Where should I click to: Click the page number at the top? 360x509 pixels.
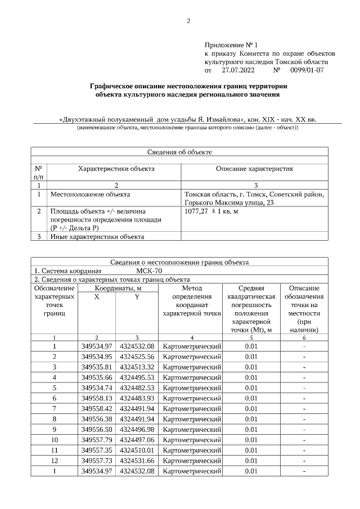tap(188, 21)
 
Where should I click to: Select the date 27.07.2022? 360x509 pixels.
tap(238, 71)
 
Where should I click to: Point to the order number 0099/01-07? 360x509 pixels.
tap(307, 71)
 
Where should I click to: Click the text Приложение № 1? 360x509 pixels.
tap(231, 44)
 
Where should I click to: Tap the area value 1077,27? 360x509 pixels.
tap(197, 211)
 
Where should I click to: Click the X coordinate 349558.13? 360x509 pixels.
tap(97, 398)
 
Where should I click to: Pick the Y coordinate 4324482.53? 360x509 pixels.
tap(136, 388)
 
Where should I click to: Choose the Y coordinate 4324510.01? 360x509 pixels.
tap(136, 450)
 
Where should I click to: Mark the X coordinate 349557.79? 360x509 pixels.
tap(97, 440)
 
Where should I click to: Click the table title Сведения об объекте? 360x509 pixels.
tap(179, 151)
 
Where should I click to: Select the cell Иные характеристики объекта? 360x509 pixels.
tap(97, 236)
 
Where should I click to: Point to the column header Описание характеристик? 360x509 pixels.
tap(254, 169)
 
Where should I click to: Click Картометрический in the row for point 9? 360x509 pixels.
tap(191, 429)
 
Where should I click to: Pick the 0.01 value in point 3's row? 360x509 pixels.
tap(251, 367)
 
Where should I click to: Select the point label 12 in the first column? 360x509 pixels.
tap(55, 461)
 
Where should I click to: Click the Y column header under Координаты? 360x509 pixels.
tap(136, 297)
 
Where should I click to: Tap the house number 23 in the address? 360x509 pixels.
tap(270, 203)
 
